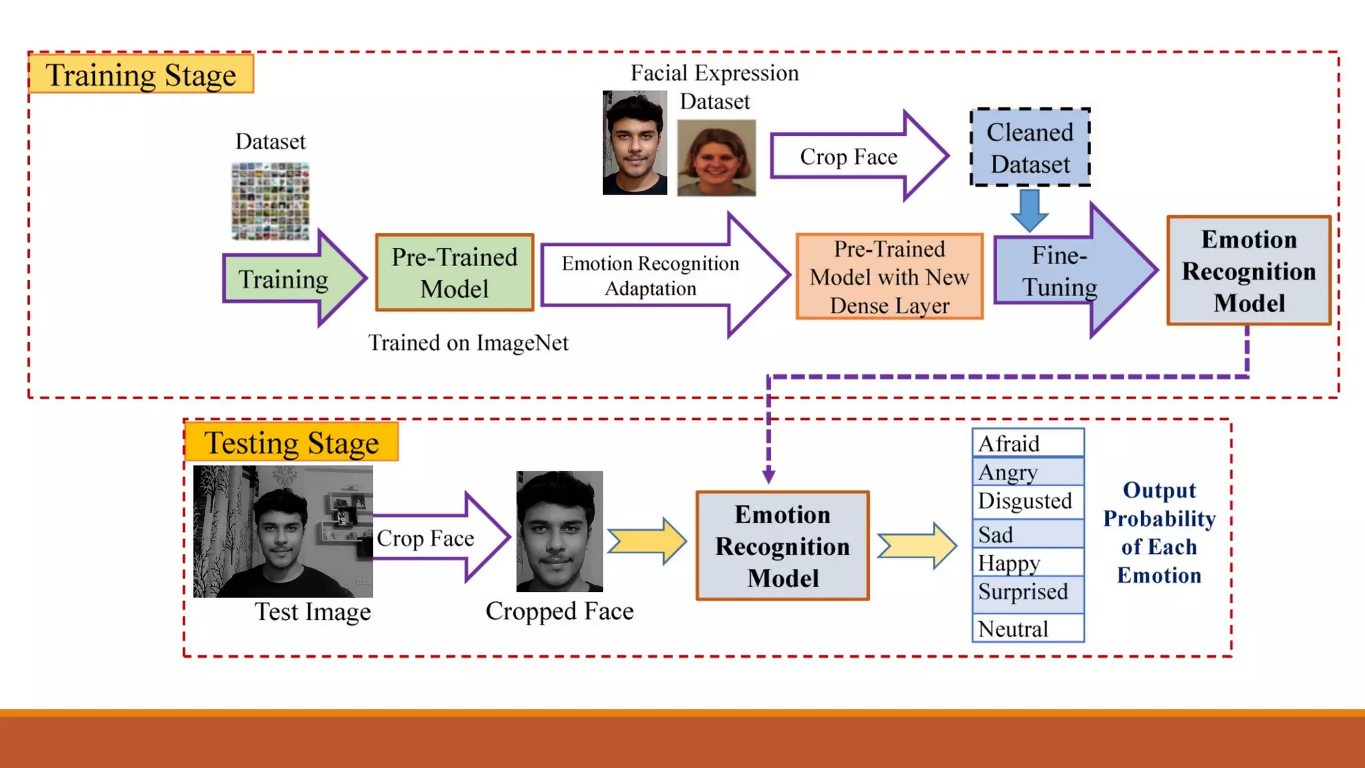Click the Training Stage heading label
pyautogui.click(x=141, y=74)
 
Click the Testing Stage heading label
pyautogui.click(x=291, y=442)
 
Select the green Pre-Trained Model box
pyautogui.click(x=455, y=273)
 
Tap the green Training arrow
pyautogui.click(x=287, y=279)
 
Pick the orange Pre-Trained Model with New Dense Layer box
pyautogui.click(x=889, y=277)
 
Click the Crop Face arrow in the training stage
pyautogui.click(x=853, y=157)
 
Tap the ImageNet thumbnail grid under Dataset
pyautogui.click(x=271, y=201)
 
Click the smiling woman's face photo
pyautogui.click(x=716, y=158)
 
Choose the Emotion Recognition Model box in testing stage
pyautogui.click(x=782, y=546)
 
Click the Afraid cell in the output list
pyautogui.click(x=1028, y=443)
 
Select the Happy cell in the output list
pyautogui.click(x=1028, y=563)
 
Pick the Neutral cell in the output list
pyautogui.click(x=1028, y=628)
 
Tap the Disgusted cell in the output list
pyautogui.click(x=1028, y=501)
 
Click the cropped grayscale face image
pyautogui.click(x=559, y=531)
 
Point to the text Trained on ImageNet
pyautogui.click(x=468, y=343)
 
